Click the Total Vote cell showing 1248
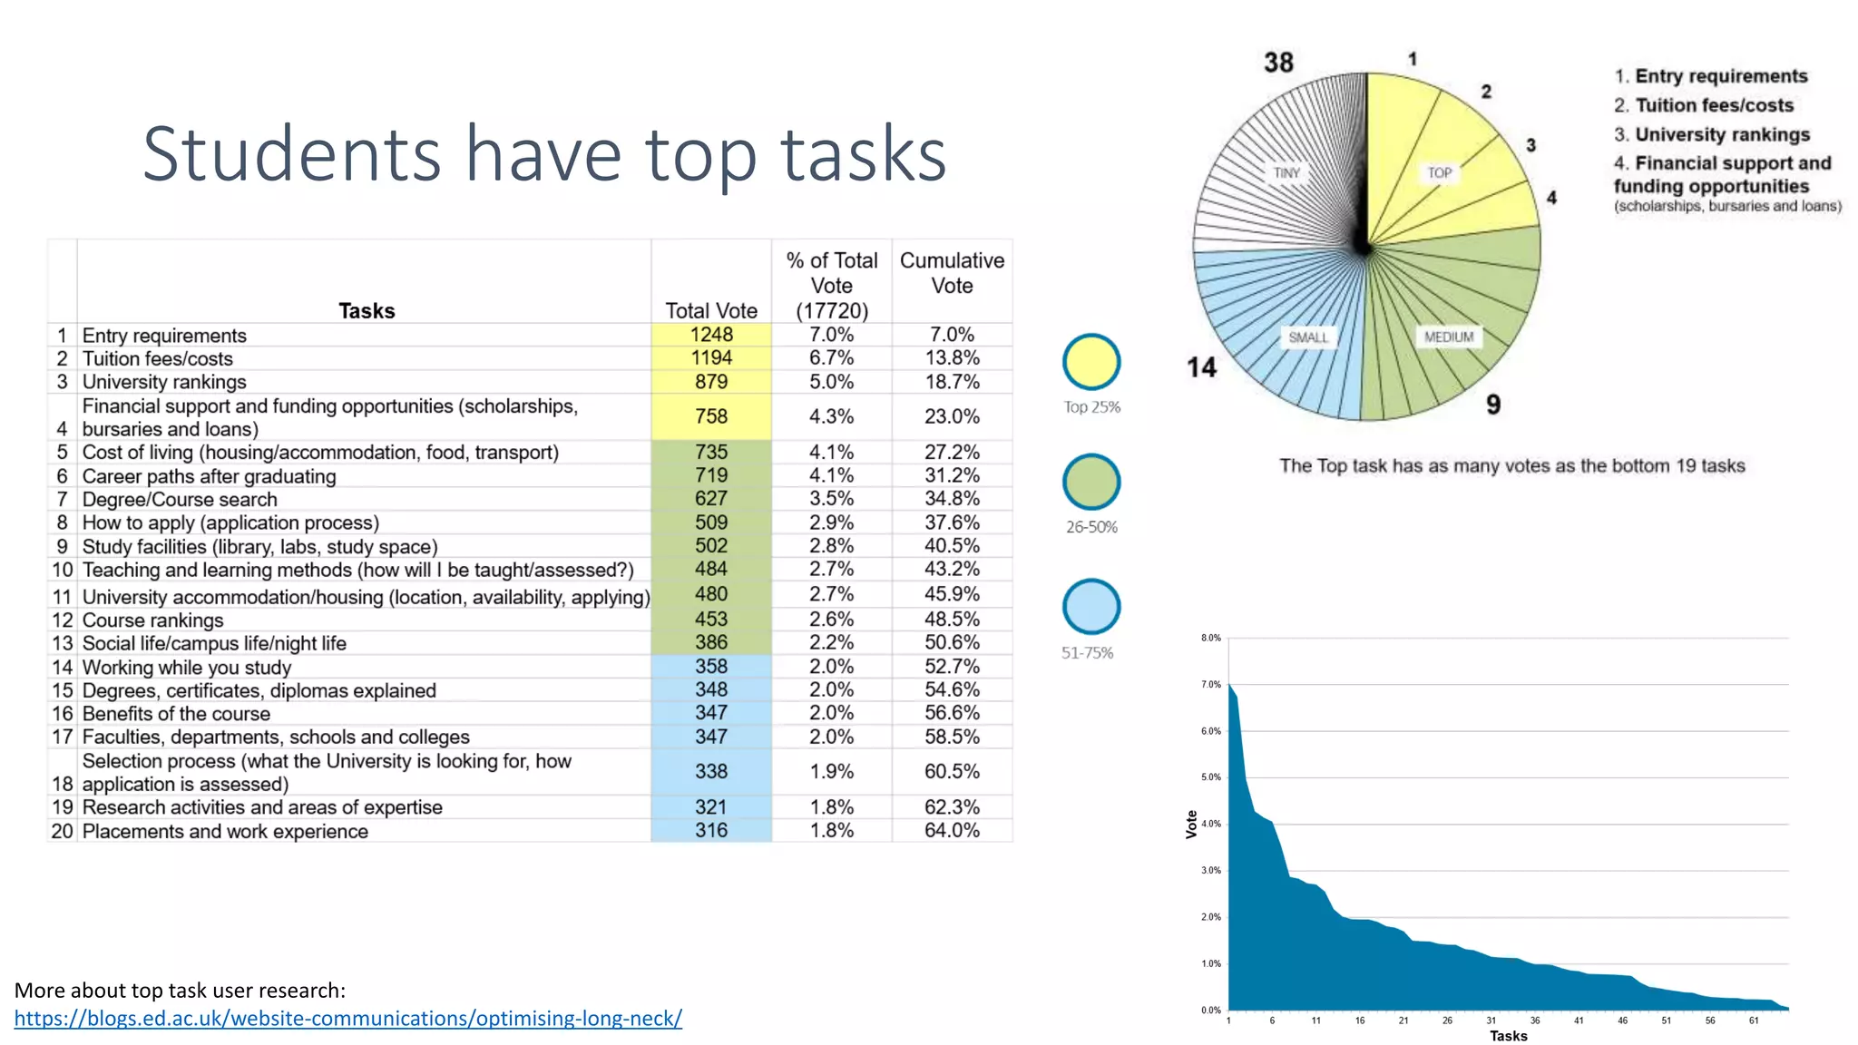coord(710,335)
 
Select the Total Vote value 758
coord(710,416)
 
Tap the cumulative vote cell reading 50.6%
coord(952,642)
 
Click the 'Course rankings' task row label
coord(152,620)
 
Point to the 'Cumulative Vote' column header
coord(952,273)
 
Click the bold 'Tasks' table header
coord(367,311)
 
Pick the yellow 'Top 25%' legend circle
coord(1091,362)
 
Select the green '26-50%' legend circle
coord(1091,482)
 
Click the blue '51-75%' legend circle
coord(1091,607)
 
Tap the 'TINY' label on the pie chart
coord(1286,172)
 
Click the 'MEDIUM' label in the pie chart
coord(1449,337)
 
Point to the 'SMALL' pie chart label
coord(1308,337)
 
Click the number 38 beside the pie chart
coord(1278,63)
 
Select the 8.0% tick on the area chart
coord(1211,638)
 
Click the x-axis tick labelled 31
coord(1491,1021)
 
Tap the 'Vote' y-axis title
coord(1191,824)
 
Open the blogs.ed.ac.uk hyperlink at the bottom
coord(347,1019)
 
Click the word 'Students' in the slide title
coord(291,154)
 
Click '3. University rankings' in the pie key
coord(1712,134)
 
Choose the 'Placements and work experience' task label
coord(225,832)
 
